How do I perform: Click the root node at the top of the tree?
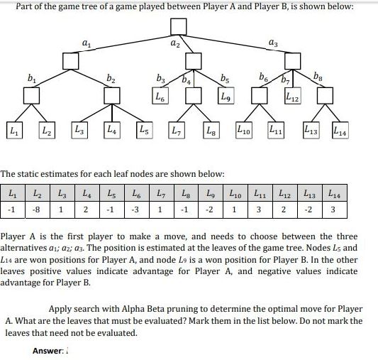(178, 25)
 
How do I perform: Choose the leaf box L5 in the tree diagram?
(144, 131)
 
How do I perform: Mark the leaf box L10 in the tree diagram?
(243, 131)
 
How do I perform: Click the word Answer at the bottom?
(47, 351)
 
